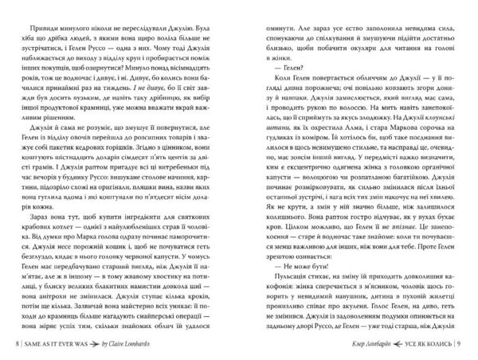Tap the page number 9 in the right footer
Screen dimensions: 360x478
[471, 343]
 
